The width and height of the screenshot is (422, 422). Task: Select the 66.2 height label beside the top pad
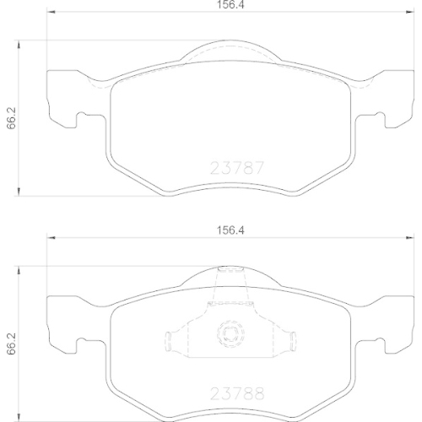point(11,119)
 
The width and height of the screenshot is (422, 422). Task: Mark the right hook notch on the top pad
point(376,119)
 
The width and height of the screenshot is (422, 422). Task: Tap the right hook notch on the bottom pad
point(376,343)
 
